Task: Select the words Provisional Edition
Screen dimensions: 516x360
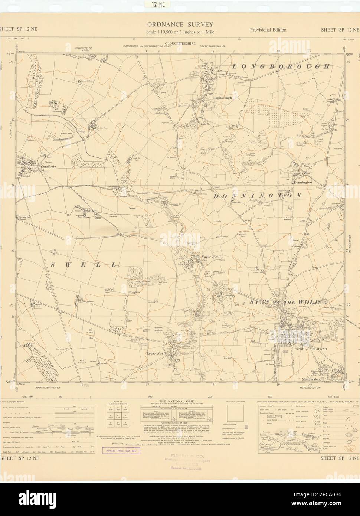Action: coord(268,30)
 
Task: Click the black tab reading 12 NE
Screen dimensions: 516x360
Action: coord(180,4)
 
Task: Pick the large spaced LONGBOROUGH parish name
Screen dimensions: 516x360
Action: coord(281,67)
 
